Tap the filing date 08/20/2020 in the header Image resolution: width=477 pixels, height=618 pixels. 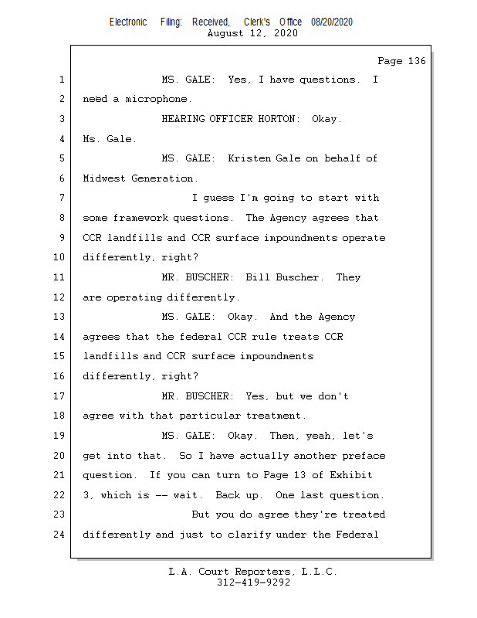click(x=332, y=22)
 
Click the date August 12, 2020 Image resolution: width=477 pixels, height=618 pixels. click(x=253, y=33)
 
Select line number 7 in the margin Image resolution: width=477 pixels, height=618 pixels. click(x=62, y=199)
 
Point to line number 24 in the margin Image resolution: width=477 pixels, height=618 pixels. click(x=59, y=535)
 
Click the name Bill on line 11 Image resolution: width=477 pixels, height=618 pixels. click(x=257, y=277)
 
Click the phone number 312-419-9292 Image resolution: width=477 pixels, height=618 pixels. click(x=253, y=582)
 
